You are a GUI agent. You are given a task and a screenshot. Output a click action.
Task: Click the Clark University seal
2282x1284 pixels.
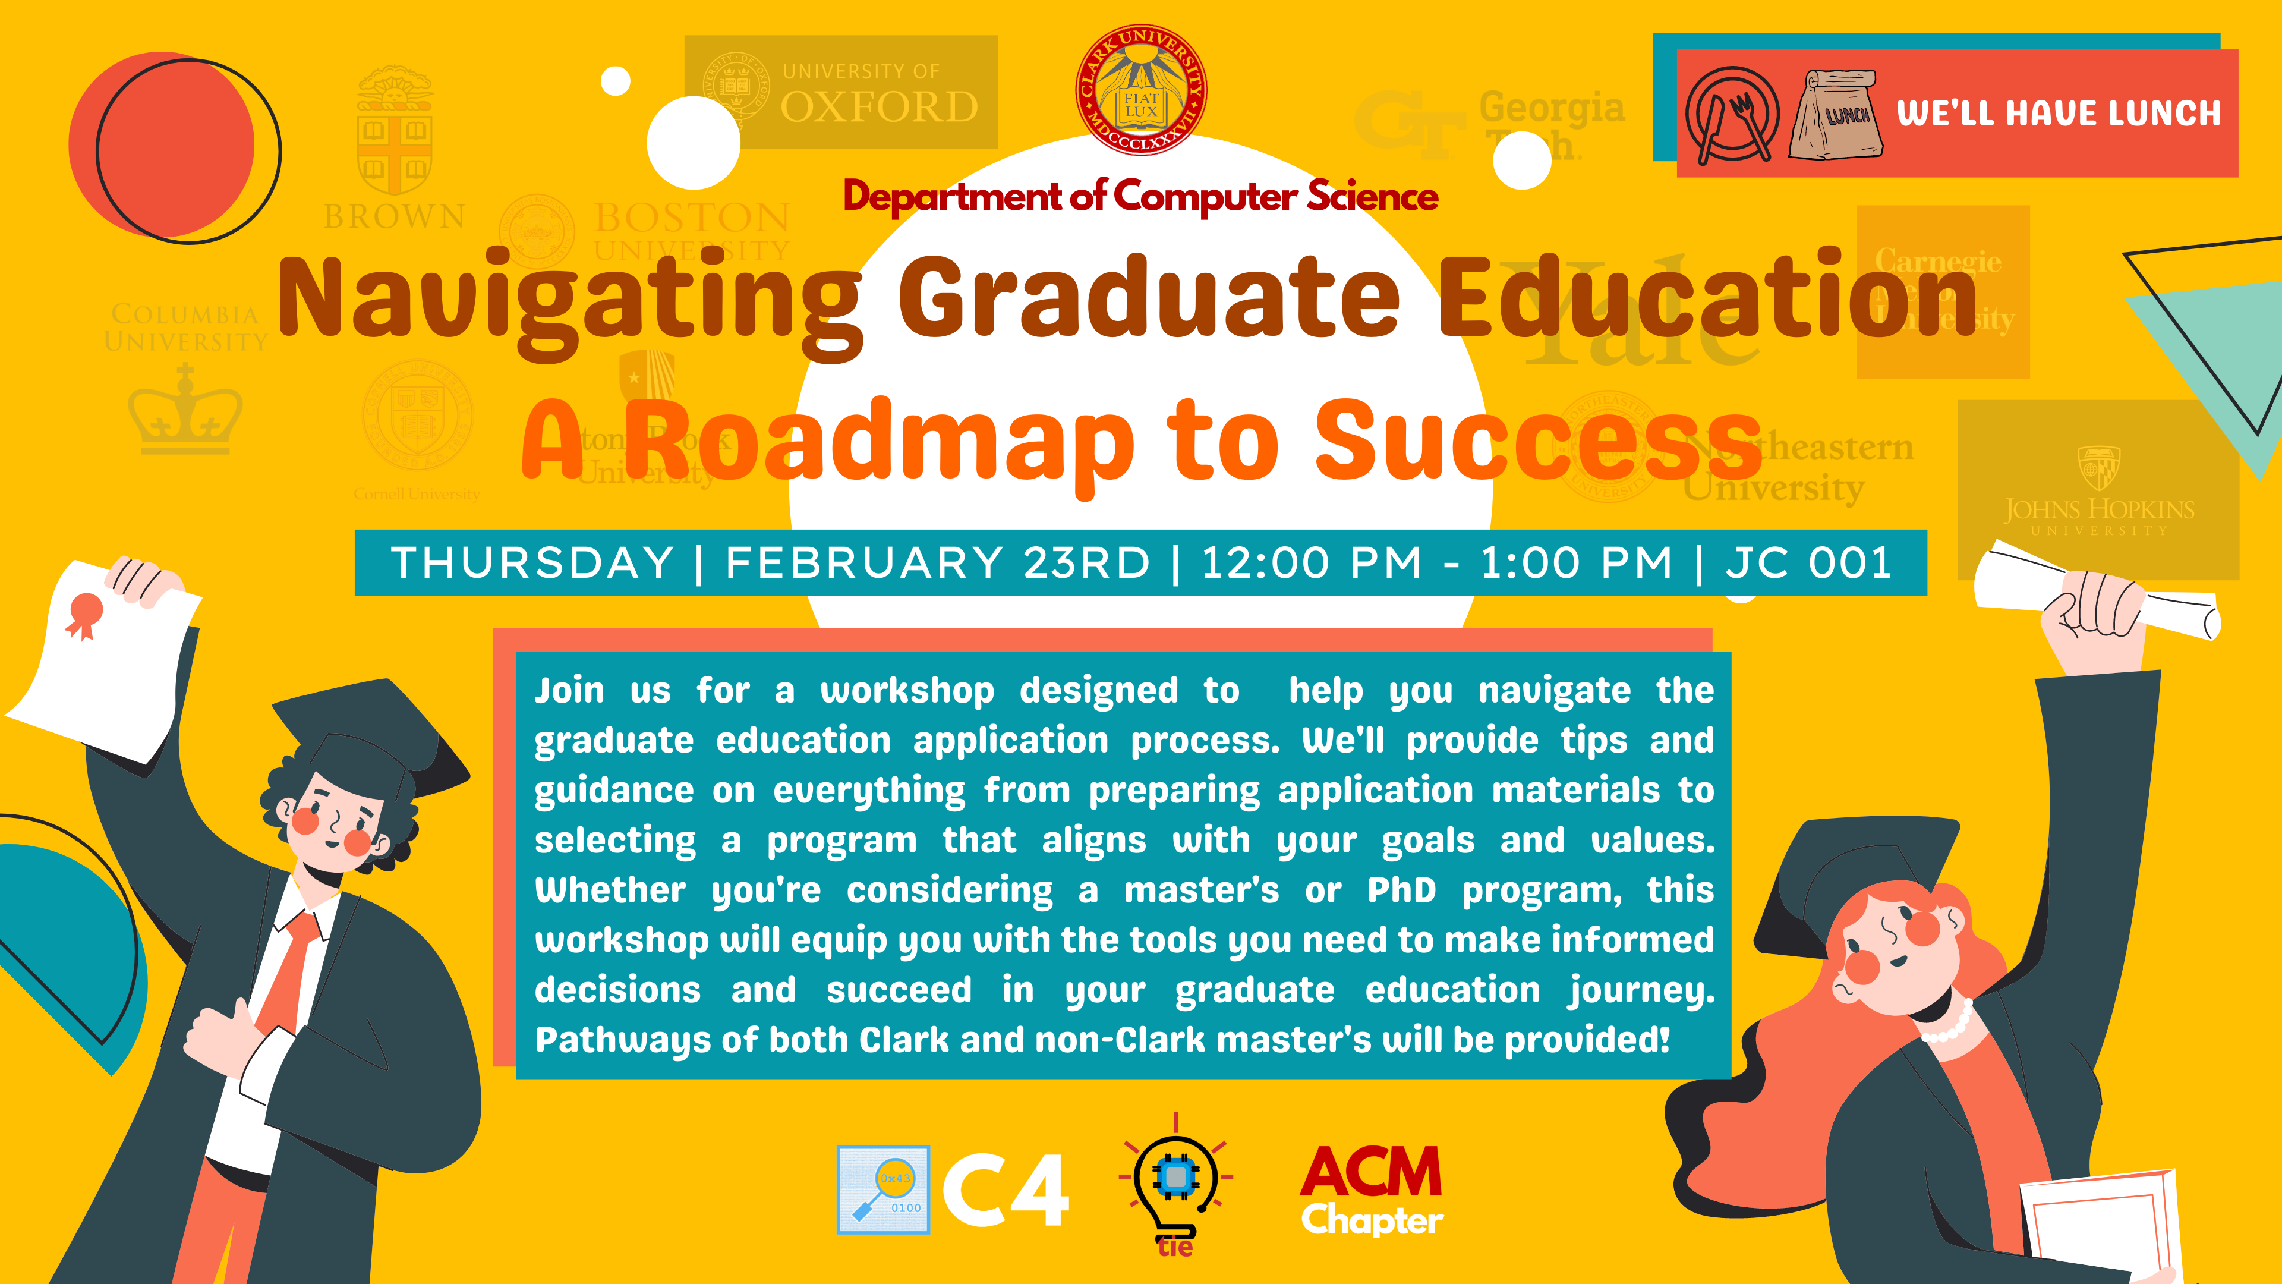tap(1140, 90)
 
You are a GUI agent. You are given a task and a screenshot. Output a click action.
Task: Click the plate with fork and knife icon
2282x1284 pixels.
tap(1731, 116)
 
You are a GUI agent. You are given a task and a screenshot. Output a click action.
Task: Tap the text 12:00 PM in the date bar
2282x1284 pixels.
tap(1311, 563)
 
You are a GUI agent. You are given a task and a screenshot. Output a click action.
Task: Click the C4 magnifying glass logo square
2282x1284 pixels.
tap(883, 1189)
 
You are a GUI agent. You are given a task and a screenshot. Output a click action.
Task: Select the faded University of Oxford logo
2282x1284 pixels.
tap(841, 92)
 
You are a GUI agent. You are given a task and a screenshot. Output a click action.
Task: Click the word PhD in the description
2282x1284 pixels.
tap(1401, 890)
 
